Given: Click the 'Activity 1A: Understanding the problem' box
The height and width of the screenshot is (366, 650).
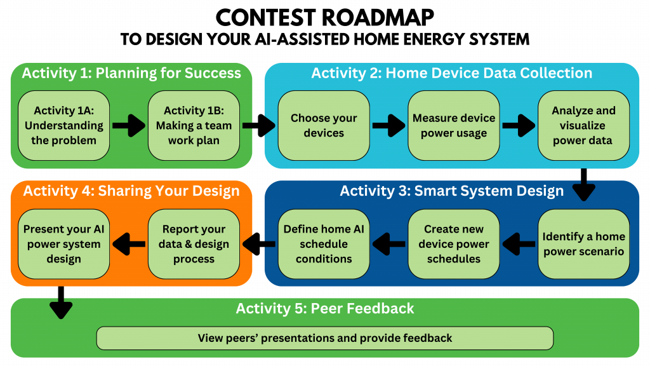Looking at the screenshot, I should (x=63, y=125).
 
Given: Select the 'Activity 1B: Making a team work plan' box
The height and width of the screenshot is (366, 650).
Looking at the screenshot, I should (x=194, y=125).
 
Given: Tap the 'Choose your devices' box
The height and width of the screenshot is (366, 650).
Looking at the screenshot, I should (x=324, y=125).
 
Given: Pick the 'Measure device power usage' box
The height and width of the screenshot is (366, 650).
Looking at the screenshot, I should (x=454, y=125).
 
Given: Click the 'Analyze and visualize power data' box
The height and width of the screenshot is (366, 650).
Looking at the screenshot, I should (x=583, y=125).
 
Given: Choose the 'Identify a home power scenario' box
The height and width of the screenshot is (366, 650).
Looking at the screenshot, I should (x=583, y=244).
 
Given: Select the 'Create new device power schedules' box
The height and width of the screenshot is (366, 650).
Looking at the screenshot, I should (x=454, y=244).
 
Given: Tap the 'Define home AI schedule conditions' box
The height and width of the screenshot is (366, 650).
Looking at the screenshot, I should (x=324, y=244).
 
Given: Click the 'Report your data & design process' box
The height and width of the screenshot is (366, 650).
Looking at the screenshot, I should (x=194, y=244).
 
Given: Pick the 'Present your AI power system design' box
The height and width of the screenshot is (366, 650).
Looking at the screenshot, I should (x=63, y=244).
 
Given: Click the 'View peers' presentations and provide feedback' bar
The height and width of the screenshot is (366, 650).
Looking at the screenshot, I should (x=325, y=338).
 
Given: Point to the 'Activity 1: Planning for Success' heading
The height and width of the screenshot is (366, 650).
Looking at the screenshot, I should (x=131, y=73).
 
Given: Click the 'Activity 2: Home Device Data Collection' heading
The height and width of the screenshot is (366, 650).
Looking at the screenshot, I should (x=451, y=73).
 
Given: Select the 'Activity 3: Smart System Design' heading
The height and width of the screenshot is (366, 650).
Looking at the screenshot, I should (x=451, y=191).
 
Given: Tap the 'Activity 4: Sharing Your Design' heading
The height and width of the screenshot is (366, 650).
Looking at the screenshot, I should (x=131, y=191).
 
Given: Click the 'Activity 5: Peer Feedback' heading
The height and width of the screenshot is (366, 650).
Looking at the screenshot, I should (x=325, y=309).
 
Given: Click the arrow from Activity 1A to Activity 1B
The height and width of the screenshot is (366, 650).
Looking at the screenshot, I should (x=129, y=126).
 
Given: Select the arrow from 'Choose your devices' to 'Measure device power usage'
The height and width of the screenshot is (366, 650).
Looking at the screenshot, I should (x=389, y=126).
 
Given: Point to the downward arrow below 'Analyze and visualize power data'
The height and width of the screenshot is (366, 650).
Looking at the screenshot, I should (x=583, y=185).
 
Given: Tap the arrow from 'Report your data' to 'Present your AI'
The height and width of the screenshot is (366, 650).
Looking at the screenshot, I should (x=129, y=243).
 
